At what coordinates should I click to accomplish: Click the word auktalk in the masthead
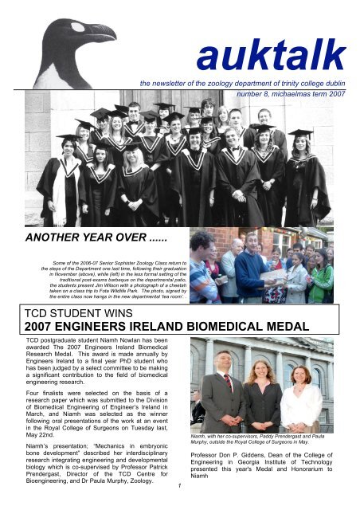pyautogui.click(x=272, y=56)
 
